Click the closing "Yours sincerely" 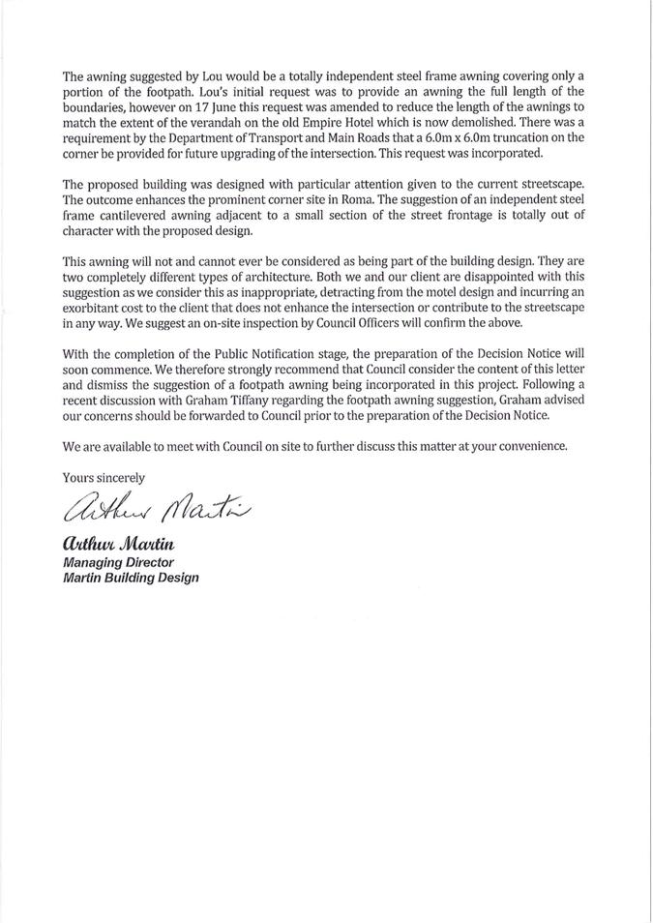coord(104,477)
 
